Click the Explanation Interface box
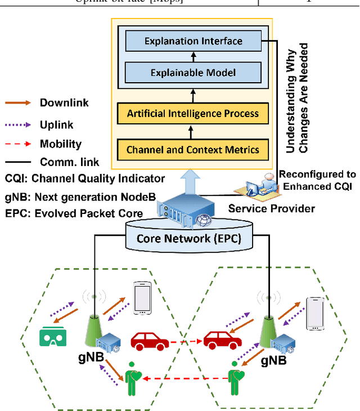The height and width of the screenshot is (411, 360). tap(193, 41)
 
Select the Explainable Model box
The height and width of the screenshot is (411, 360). tap(193, 73)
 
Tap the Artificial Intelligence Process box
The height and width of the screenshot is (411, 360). tap(193, 114)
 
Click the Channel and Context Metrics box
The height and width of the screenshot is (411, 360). tap(193, 149)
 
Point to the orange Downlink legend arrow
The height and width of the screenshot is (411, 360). tap(19, 103)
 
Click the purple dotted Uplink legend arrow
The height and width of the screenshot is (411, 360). tap(19, 125)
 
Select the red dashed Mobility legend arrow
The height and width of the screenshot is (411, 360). tap(19, 144)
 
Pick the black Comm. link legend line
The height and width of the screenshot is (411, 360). tap(19, 162)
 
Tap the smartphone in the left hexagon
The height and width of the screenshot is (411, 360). tap(142, 298)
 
